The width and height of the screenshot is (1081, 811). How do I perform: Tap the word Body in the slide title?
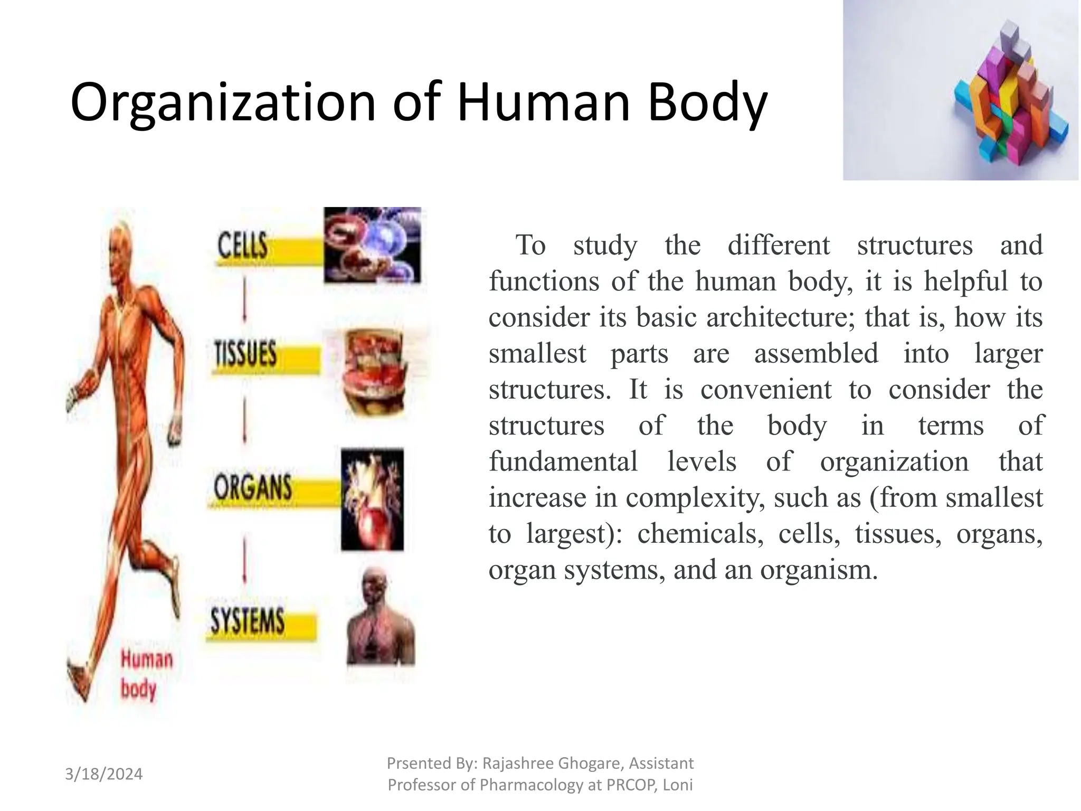pos(707,103)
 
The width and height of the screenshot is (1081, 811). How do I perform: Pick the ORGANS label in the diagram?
pos(252,487)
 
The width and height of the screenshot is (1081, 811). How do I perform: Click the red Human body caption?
pos(146,674)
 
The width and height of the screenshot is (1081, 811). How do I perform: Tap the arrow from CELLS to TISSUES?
pos(244,301)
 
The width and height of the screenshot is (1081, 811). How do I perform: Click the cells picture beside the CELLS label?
pos(372,244)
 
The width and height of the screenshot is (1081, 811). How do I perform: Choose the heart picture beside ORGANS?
pos(372,499)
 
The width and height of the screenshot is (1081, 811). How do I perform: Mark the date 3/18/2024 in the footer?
pos(103,774)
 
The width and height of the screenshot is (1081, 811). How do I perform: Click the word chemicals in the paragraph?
pos(700,534)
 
